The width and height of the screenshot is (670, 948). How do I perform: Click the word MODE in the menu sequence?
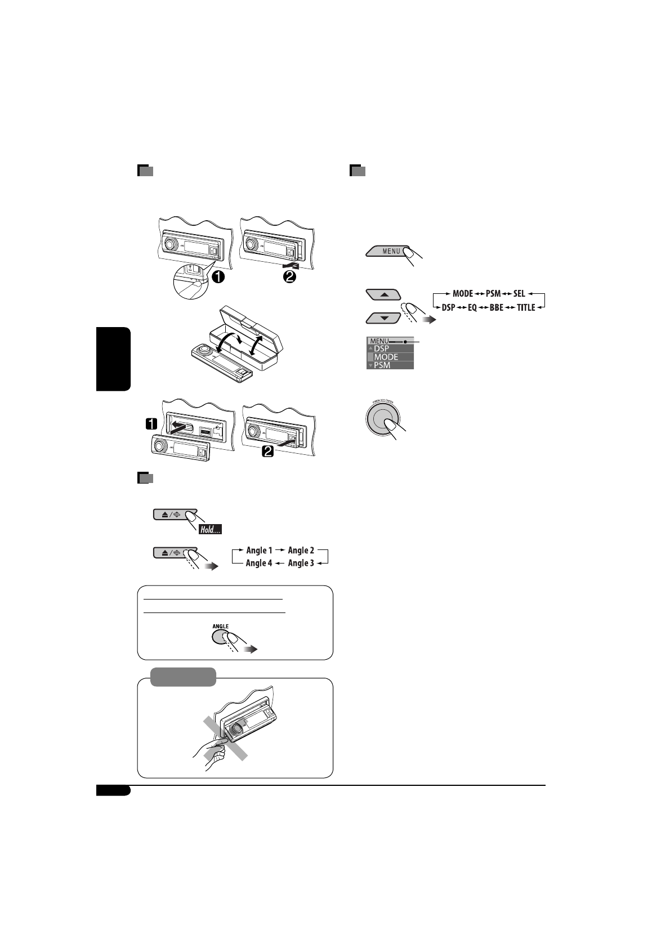click(x=463, y=294)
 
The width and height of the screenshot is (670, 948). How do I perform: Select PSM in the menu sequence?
click(x=493, y=294)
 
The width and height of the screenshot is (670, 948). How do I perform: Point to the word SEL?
click(x=519, y=294)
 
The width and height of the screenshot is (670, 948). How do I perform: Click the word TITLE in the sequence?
click(x=526, y=308)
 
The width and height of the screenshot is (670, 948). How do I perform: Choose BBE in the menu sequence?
click(x=496, y=308)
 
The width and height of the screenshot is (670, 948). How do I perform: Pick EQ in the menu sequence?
click(x=472, y=308)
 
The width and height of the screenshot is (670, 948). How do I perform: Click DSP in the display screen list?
click(x=382, y=349)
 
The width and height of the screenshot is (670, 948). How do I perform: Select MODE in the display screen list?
click(x=386, y=357)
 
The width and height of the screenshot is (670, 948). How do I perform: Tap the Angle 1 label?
click(x=259, y=551)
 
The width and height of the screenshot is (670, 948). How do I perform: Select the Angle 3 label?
click(x=301, y=563)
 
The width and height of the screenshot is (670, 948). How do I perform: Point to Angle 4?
click(x=259, y=563)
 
